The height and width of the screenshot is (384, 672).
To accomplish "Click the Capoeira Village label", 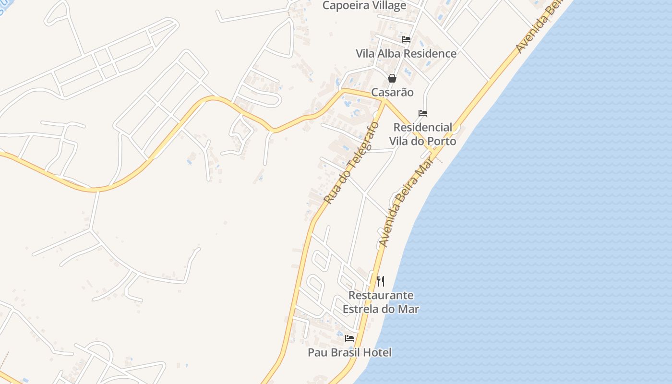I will pyautogui.click(x=364, y=6).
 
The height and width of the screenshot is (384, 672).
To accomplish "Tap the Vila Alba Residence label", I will pyautogui.click(x=406, y=53).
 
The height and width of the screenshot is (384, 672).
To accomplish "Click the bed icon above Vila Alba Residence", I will pyautogui.click(x=406, y=39).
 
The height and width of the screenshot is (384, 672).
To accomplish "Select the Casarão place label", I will pyautogui.click(x=392, y=92).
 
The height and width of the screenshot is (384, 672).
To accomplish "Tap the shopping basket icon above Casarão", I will pyautogui.click(x=392, y=78).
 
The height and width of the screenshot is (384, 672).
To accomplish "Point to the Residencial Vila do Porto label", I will pyautogui.click(x=423, y=134).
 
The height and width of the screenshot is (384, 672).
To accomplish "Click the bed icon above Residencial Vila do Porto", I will pyautogui.click(x=423, y=113).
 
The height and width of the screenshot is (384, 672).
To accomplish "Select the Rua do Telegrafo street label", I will pyautogui.click(x=351, y=163).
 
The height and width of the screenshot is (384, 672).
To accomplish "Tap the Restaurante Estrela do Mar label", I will pyautogui.click(x=381, y=302).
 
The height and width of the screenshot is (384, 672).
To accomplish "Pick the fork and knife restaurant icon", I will pyautogui.click(x=381, y=281).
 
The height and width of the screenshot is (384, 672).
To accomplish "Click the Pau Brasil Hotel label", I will pyautogui.click(x=349, y=353).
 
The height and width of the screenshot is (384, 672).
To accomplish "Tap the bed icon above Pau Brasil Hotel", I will pyautogui.click(x=349, y=338).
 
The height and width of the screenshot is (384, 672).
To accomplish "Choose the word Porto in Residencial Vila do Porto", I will pyautogui.click(x=442, y=141).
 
